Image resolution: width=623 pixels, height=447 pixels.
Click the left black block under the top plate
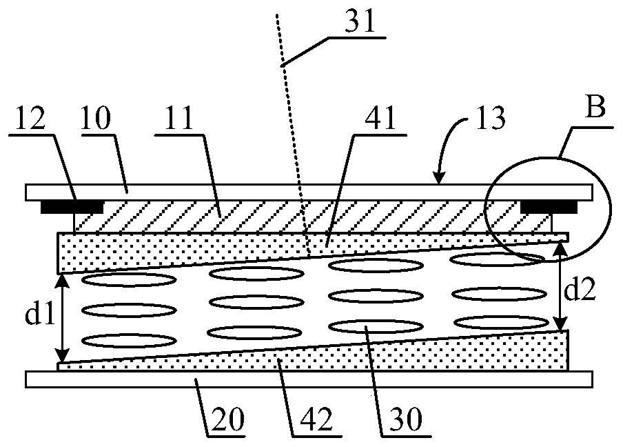72,206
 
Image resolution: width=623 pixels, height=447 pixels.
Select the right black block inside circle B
548,206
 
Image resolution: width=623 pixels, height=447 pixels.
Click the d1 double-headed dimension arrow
63,318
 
